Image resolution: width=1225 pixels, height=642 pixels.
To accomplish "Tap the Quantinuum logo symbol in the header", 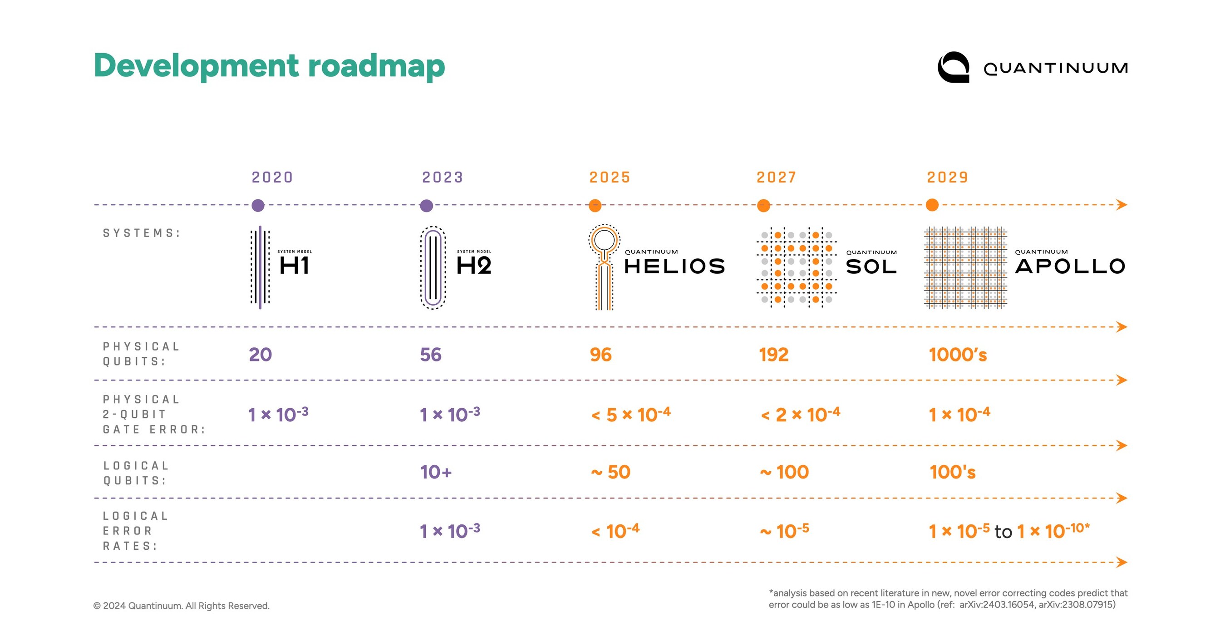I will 953,67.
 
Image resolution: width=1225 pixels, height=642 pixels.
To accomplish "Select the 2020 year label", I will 272,178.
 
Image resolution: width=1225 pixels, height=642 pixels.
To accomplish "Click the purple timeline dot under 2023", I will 427,205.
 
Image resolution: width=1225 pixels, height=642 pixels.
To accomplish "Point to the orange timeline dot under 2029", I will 932,205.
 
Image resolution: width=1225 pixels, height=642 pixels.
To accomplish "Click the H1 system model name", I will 295,265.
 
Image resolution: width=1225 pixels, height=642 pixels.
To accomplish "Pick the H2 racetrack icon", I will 433,268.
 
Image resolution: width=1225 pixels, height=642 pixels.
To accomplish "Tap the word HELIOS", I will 674,267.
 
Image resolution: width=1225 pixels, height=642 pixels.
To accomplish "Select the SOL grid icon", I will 797,267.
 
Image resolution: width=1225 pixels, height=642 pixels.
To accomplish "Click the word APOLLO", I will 1070,267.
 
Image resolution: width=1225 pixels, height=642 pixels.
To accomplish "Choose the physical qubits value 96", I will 600,355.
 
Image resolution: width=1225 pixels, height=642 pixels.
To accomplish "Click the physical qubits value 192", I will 774,355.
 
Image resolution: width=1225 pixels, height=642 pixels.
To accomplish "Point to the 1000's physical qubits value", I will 958,355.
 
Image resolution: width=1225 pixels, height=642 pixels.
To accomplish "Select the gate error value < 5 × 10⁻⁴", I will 630,415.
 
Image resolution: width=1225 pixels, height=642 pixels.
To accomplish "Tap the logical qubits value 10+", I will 436,472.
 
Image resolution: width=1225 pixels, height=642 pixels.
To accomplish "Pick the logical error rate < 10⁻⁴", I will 615,531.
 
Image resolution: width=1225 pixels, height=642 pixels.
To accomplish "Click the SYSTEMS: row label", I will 142,233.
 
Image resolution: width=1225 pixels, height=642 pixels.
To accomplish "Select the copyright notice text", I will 181,606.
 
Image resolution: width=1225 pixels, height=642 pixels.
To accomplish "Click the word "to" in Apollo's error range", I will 1003,532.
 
